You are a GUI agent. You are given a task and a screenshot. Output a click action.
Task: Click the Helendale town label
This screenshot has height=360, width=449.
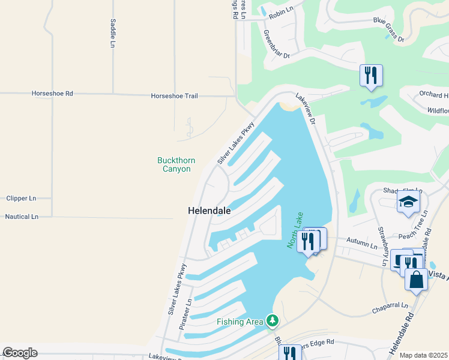click(209, 211)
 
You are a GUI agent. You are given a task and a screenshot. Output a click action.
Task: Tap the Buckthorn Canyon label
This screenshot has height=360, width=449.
click(174, 164)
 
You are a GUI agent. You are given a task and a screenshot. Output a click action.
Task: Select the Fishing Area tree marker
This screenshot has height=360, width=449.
click(273, 321)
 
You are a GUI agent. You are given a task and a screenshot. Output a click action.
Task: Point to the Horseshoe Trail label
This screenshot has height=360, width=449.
click(174, 96)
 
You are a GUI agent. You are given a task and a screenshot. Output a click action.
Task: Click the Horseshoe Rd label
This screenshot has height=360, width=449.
click(52, 94)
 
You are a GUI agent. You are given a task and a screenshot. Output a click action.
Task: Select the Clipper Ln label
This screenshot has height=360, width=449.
click(21, 198)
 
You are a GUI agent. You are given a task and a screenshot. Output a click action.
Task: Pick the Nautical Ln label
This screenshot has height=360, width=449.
click(22, 216)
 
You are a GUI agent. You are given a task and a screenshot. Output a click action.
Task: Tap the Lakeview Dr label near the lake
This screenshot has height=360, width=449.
click(306, 108)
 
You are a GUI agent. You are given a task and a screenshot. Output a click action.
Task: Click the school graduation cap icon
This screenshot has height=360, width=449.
click(408, 202)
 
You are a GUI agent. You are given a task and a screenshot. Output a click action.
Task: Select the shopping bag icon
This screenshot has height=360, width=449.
click(416, 280)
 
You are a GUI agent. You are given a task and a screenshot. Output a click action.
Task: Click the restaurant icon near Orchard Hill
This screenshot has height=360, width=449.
click(371, 76)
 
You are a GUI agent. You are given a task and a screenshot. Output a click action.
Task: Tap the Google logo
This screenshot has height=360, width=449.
click(20, 353)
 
